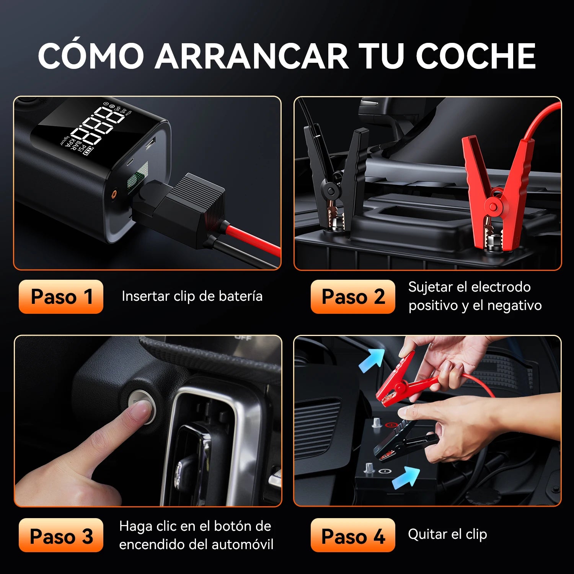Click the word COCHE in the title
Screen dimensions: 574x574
(x=476, y=55)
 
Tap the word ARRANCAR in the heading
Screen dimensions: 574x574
(x=251, y=55)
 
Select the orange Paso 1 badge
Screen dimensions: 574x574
(x=61, y=297)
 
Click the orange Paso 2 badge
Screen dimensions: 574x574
(x=353, y=297)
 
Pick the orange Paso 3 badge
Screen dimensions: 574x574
(x=61, y=535)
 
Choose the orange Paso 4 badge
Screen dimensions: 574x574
(x=353, y=535)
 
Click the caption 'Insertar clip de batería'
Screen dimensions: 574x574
(x=192, y=296)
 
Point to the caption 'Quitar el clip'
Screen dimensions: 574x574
(x=447, y=534)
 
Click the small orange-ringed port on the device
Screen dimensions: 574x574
(x=114, y=194)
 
